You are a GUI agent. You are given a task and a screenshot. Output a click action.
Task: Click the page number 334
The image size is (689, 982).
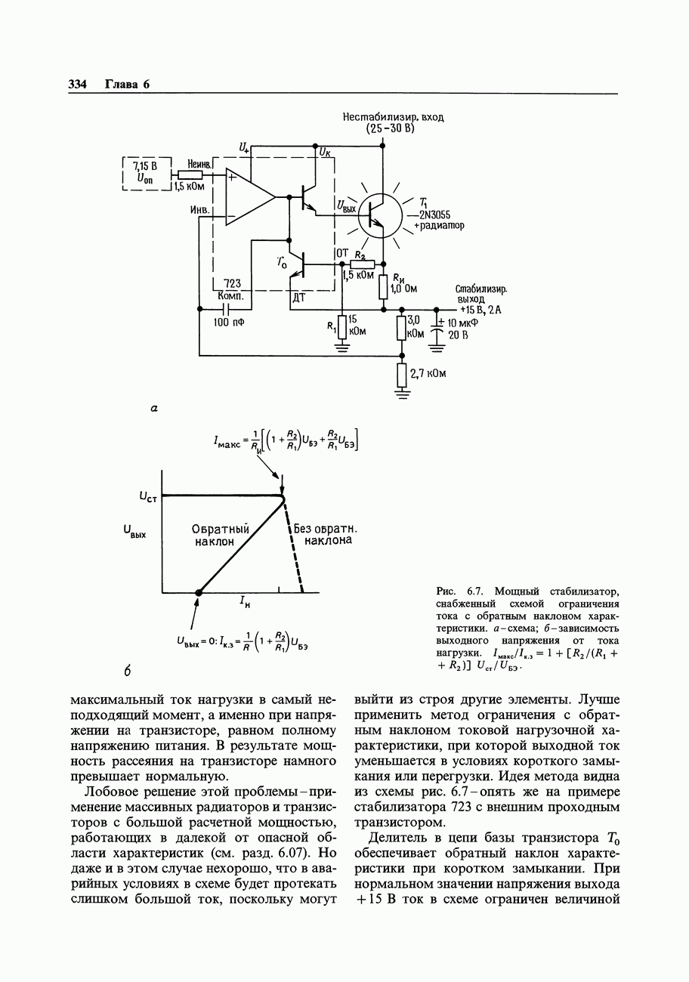coord(77,84)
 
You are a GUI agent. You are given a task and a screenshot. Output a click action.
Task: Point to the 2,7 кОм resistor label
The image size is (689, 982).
coord(428,373)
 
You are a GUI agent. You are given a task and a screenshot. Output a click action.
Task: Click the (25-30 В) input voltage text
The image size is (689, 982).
coord(392,128)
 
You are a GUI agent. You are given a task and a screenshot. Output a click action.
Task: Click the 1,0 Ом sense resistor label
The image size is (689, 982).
coord(403,288)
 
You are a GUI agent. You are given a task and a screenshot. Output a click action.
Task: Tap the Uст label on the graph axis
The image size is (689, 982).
coord(148,496)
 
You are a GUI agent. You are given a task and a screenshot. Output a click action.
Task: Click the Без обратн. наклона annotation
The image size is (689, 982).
coord(326,535)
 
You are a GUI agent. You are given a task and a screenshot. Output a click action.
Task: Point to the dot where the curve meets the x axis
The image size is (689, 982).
coord(199,593)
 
